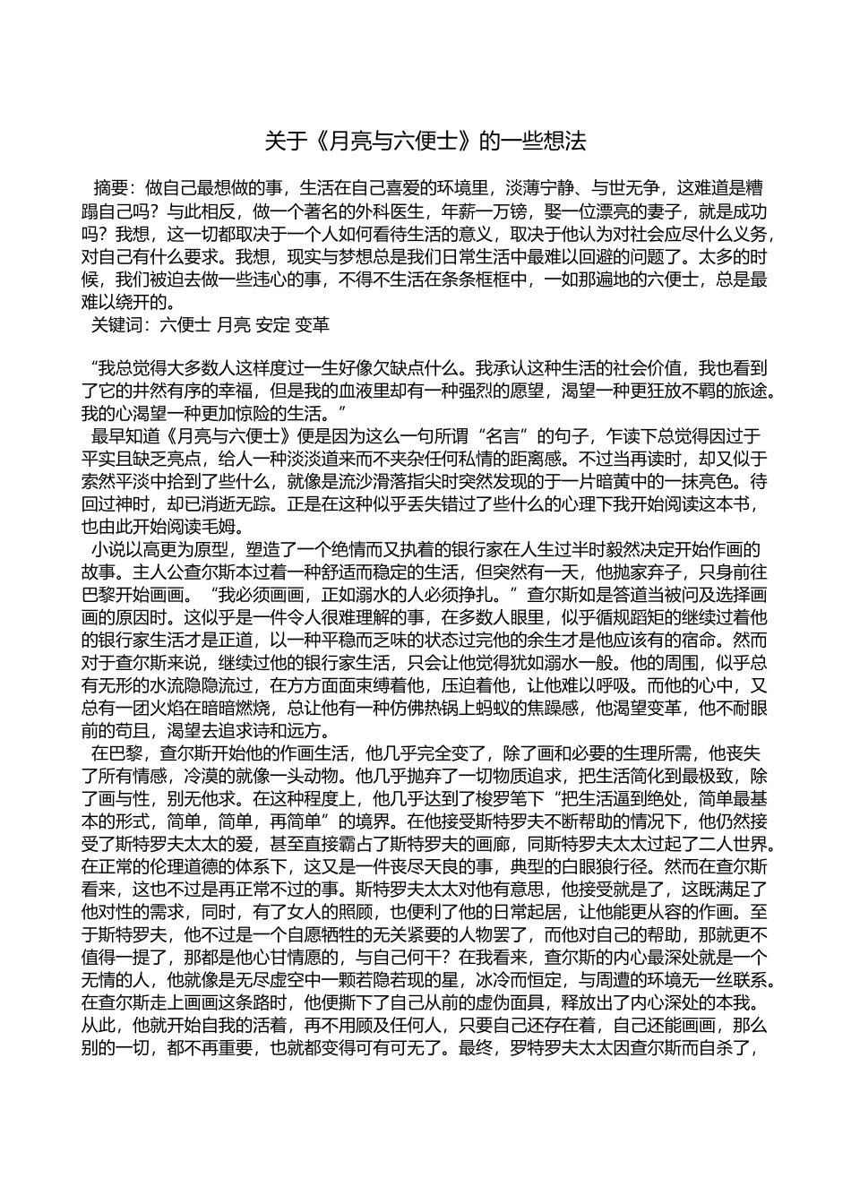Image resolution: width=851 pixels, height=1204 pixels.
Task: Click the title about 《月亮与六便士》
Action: pos(425,141)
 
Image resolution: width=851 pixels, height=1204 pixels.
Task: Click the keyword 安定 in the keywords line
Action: pos(272,325)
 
